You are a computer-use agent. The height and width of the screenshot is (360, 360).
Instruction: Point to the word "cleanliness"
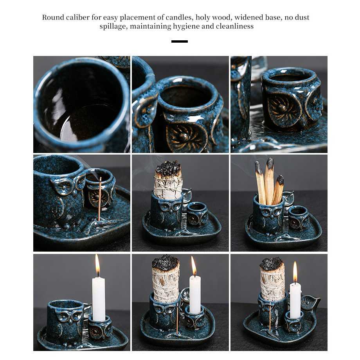235,26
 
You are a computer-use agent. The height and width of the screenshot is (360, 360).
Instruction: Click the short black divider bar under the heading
180,41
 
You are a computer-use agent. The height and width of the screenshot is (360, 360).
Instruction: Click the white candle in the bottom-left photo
99,299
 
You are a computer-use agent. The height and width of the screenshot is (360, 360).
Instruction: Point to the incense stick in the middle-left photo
100,199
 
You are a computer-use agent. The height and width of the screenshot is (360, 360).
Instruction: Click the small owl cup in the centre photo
198,214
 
